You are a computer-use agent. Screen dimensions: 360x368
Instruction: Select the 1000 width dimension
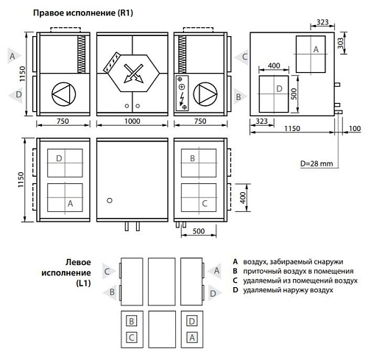pyautogui.click(x=134, y=124)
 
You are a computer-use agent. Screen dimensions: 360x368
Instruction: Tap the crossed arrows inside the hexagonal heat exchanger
pyautogui.click(x=134, y=72)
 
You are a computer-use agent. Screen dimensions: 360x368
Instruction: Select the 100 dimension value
pyautogui.click(x=355, y=129)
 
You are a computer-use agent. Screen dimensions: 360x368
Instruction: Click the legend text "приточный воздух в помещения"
pyautogui.click(x=293, y=271)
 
